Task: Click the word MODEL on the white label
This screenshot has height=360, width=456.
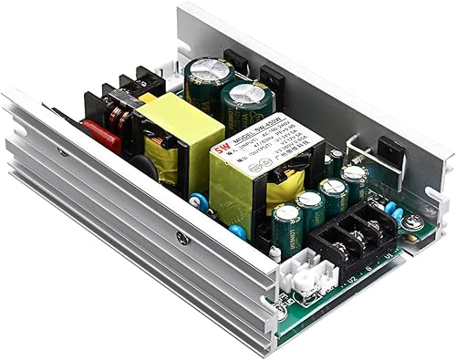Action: (239, 142)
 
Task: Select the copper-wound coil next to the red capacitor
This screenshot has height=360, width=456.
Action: (119, 119)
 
